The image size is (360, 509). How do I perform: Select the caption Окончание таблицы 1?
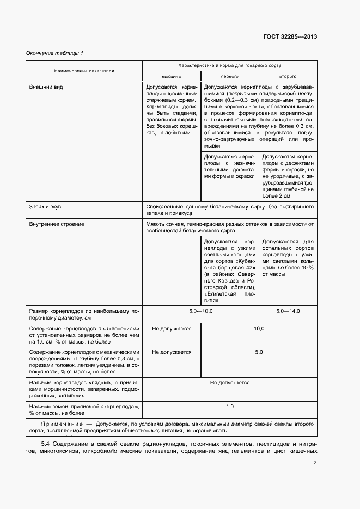tap(55, 53)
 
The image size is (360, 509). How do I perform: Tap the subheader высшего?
tap(172, 77)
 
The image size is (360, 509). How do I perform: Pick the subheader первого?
tap(229, 77)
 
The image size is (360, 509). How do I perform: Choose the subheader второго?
tap(288, 77)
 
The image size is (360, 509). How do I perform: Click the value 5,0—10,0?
tap(200, 311)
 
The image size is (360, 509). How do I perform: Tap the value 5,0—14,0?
tap(288, 311)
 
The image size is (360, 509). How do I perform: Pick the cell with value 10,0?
tap(259, 329)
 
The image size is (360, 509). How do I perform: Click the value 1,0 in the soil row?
tap(230, 407)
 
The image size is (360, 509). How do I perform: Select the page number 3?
tap(315, 463)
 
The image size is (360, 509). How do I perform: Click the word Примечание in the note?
tap(60, 423)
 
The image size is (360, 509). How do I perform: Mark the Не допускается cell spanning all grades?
tap(230, 383)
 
